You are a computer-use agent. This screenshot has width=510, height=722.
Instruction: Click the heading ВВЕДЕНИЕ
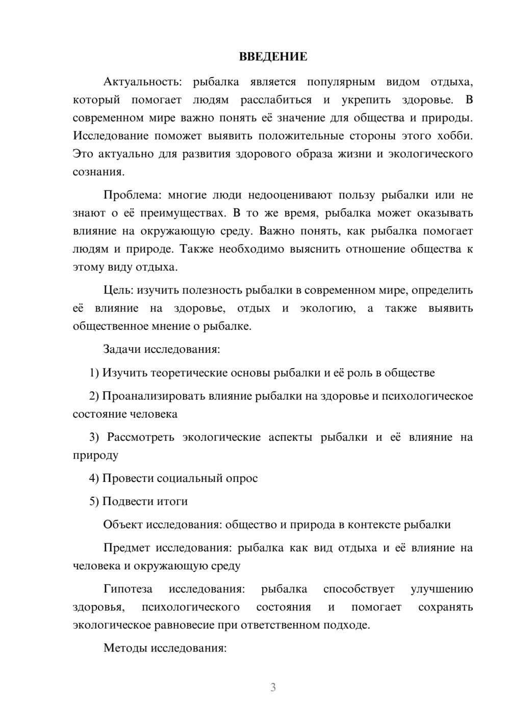[x=273, y=57]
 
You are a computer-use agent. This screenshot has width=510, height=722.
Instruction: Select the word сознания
[x=98, y=172]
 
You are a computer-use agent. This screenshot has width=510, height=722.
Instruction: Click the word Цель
[x=118, y=291]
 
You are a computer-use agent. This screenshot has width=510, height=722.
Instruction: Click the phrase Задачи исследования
[x=161, y=350]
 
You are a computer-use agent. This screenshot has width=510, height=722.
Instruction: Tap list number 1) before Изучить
[x=94, y=373]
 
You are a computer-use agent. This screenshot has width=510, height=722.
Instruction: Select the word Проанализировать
[x=150, y=396]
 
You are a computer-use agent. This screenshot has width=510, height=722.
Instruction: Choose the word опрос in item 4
[x=243, y=478]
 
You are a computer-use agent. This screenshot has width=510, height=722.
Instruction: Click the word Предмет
[x=126, y=548]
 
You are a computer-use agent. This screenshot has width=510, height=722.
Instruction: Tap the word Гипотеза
[x=127, y=589]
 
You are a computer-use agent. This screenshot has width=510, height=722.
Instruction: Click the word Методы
[x=122, y=648]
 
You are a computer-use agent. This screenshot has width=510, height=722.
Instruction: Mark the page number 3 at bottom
[x=273, y=688]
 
